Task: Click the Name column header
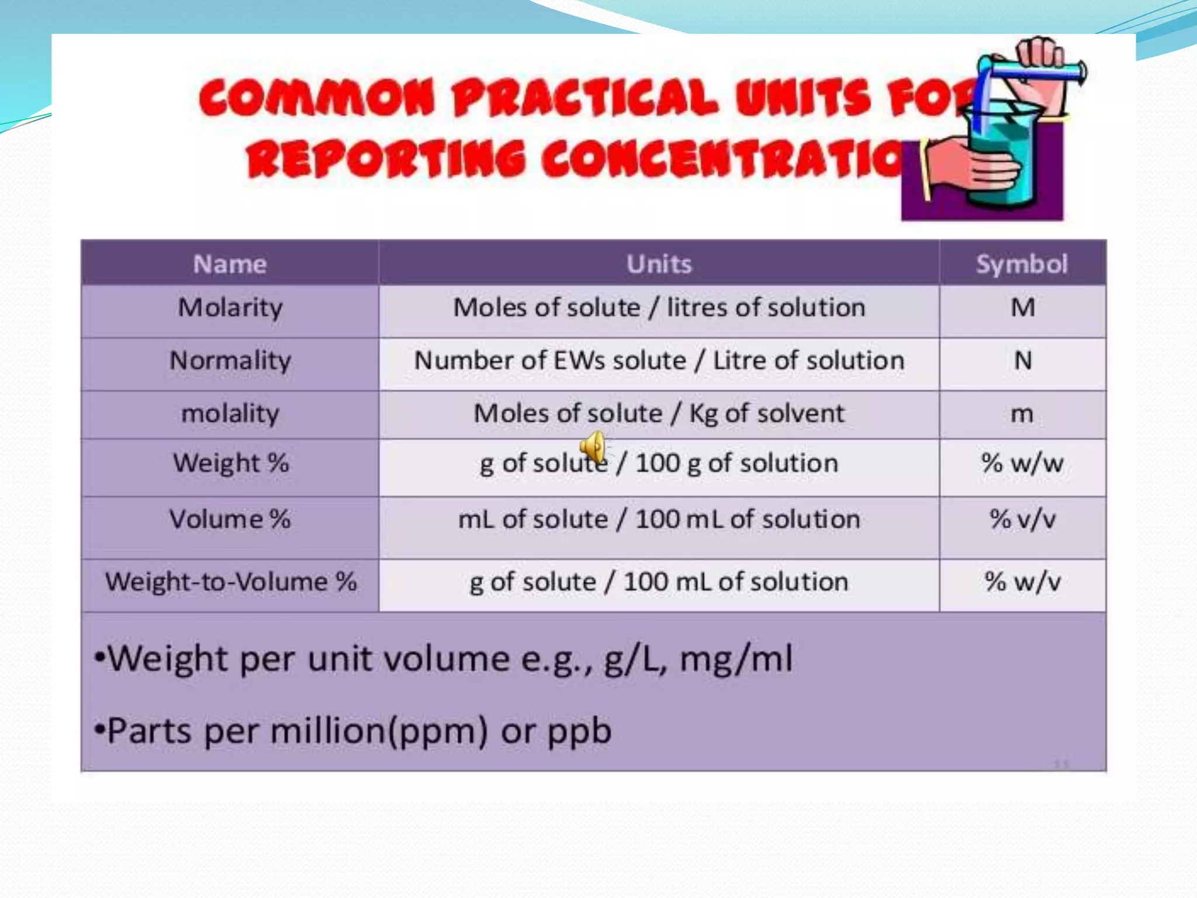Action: click(x=230, y=264)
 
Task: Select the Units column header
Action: click(x=659, y=264)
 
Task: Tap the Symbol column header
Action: click(x=1022, y=264)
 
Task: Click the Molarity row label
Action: click(x=230, y=308)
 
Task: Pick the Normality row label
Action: click(x=230, y=361)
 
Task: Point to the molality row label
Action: click(x=230, y=414)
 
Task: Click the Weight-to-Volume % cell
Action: click(x=230, y=582)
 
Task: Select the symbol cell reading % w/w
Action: click(x=1022, y=464)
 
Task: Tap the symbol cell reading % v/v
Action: click(x=1022, y=520)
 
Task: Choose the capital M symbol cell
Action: click(x=1022, y=308)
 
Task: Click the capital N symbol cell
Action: click(x=1022, y=361)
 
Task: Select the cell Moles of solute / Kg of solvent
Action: click(x=659, y=414)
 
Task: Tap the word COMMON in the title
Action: click(x=317, y=98)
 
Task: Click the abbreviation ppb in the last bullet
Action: click(x=579, y=731)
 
